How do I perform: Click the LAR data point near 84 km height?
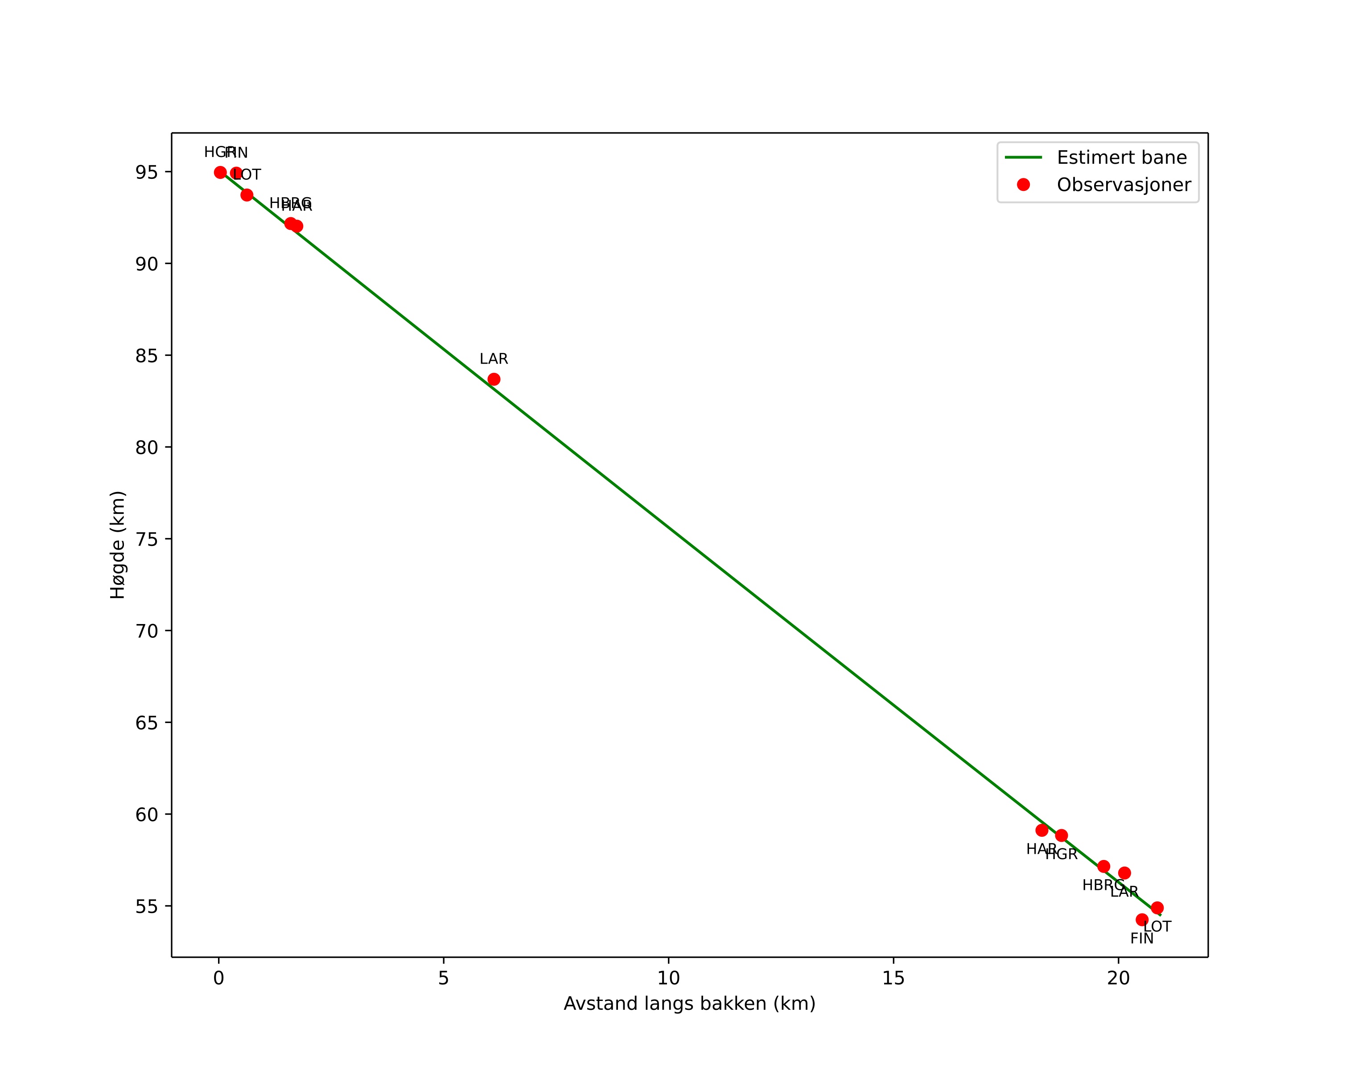[x=494, y=380]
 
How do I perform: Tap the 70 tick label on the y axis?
[x=147, y=631]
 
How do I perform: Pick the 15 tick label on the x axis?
[x=893, y=979]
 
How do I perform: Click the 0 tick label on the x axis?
[x=218, y=979]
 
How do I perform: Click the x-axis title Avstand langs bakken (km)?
[x=689, y=1004]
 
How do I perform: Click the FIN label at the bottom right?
[x=1142, y=939]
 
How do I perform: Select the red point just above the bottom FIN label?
[x=1142, y=920]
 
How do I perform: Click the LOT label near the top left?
[x=247, y=175]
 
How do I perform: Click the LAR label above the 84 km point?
[x=494, y=360]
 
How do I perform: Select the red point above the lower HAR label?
[x=1042, y=831]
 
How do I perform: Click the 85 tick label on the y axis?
[x=147, y=356]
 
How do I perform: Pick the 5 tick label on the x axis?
[x=443, y=979]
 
